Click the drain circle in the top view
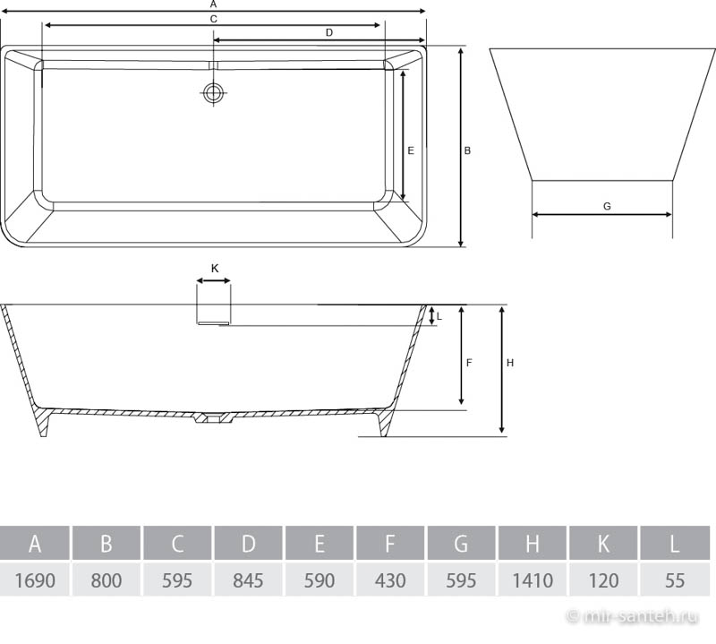click(x=213, y=93)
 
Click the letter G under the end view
click(x=607, y=207)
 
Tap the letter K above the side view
click(x=215, y=269)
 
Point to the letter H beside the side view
click(x=510, y=363)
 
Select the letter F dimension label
click(x=469, y=363)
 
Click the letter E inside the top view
click(x=411, y=150)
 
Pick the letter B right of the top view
click(x=467, y=150)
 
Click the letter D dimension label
click(x=329, y=32)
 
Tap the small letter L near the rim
click(x=439, y=316)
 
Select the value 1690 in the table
click(x=35, y=580)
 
